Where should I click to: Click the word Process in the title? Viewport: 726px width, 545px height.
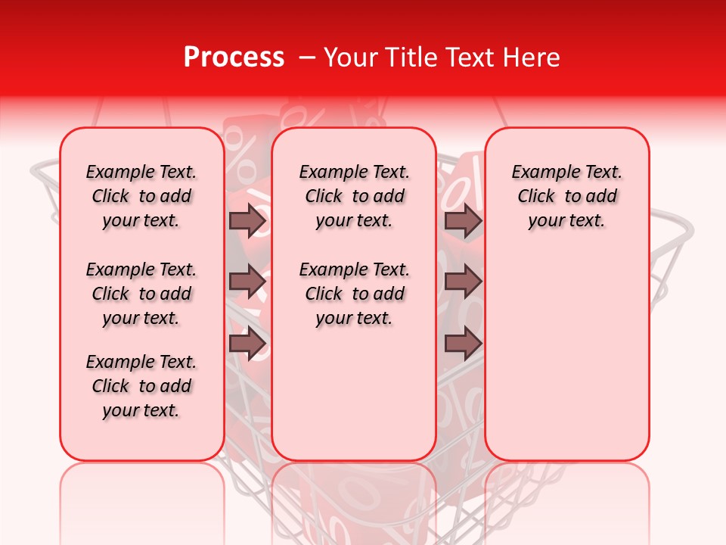pyautogui.click(x=233, y=58)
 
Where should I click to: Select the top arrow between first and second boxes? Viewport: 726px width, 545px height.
pyautogui.click(x=247, y=221)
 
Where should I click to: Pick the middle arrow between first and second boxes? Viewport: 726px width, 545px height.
pyautogui.click(x=247, y=282)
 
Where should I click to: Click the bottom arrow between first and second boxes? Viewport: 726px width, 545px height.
pyautogui.click(x=247, y=344)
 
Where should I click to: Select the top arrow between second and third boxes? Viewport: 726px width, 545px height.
pyautogui.click(x=464, y=221)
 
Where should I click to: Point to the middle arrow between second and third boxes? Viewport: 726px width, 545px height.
pyautogui.click(x=464, y=282)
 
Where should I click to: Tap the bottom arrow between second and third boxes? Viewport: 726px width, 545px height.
pyautogui.click(x=464, y=344)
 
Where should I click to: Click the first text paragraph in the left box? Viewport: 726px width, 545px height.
pyautogui.click(x=141, y=196)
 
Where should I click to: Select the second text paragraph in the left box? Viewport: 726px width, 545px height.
pyautogui.click(x=141, y=294)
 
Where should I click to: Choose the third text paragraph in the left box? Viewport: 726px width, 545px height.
pyautogui.click(x=141, y=386)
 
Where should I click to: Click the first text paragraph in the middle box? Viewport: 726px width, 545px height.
pyautogui.click(x=354, y=196)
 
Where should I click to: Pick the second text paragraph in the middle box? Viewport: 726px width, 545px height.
pyautogui.click(x=354, y=294)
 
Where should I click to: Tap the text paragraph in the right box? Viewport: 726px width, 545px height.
pyautogui.click(x=567, y=196)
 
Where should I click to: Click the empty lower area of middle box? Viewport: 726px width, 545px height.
pyautogui.click(x=354, y=394)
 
